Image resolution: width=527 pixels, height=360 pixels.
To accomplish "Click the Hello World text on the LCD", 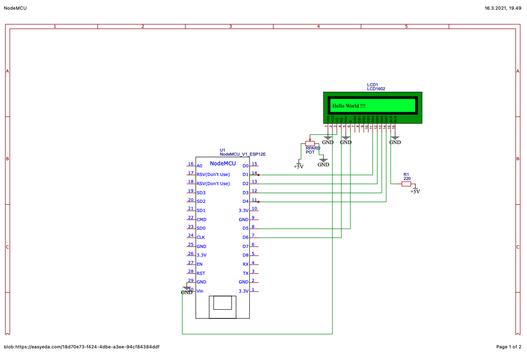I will coord(349,106).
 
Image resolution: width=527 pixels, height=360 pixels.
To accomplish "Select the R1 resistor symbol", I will coord(406,184).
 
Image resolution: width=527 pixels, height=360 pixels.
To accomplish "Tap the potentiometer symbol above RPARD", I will coord(310,143).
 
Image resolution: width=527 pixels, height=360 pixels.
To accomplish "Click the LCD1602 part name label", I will coord(376,89).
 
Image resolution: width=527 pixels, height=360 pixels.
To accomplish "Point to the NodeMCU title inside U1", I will coord(223,163).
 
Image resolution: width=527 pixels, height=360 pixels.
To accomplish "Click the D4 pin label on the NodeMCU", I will coord(246,202).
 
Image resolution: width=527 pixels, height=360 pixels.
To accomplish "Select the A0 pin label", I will coord(199,166).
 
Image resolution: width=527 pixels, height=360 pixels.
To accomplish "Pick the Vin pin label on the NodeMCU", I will coord(200,291).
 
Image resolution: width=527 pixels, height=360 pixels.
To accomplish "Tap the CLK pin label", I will coord(201,237).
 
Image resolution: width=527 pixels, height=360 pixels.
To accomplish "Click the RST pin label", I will coord(201,273).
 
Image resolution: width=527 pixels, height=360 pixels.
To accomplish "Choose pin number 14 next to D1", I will coord(254,173).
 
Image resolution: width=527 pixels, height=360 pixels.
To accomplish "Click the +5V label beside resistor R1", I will coord(415,192).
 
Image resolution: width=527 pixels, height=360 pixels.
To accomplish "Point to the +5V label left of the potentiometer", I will coord(298,166).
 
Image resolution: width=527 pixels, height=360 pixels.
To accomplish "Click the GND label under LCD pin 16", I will coord(395,142).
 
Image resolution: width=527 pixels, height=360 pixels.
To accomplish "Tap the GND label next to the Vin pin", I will coord(186,293).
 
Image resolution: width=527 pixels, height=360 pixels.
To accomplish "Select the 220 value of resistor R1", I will coord(407,179).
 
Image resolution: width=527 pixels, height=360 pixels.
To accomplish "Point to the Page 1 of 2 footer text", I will coord(509,347).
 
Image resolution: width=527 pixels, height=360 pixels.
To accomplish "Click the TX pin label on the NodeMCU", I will coord(246,273).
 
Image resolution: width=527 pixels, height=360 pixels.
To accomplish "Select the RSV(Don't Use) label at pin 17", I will coord(213,174).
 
